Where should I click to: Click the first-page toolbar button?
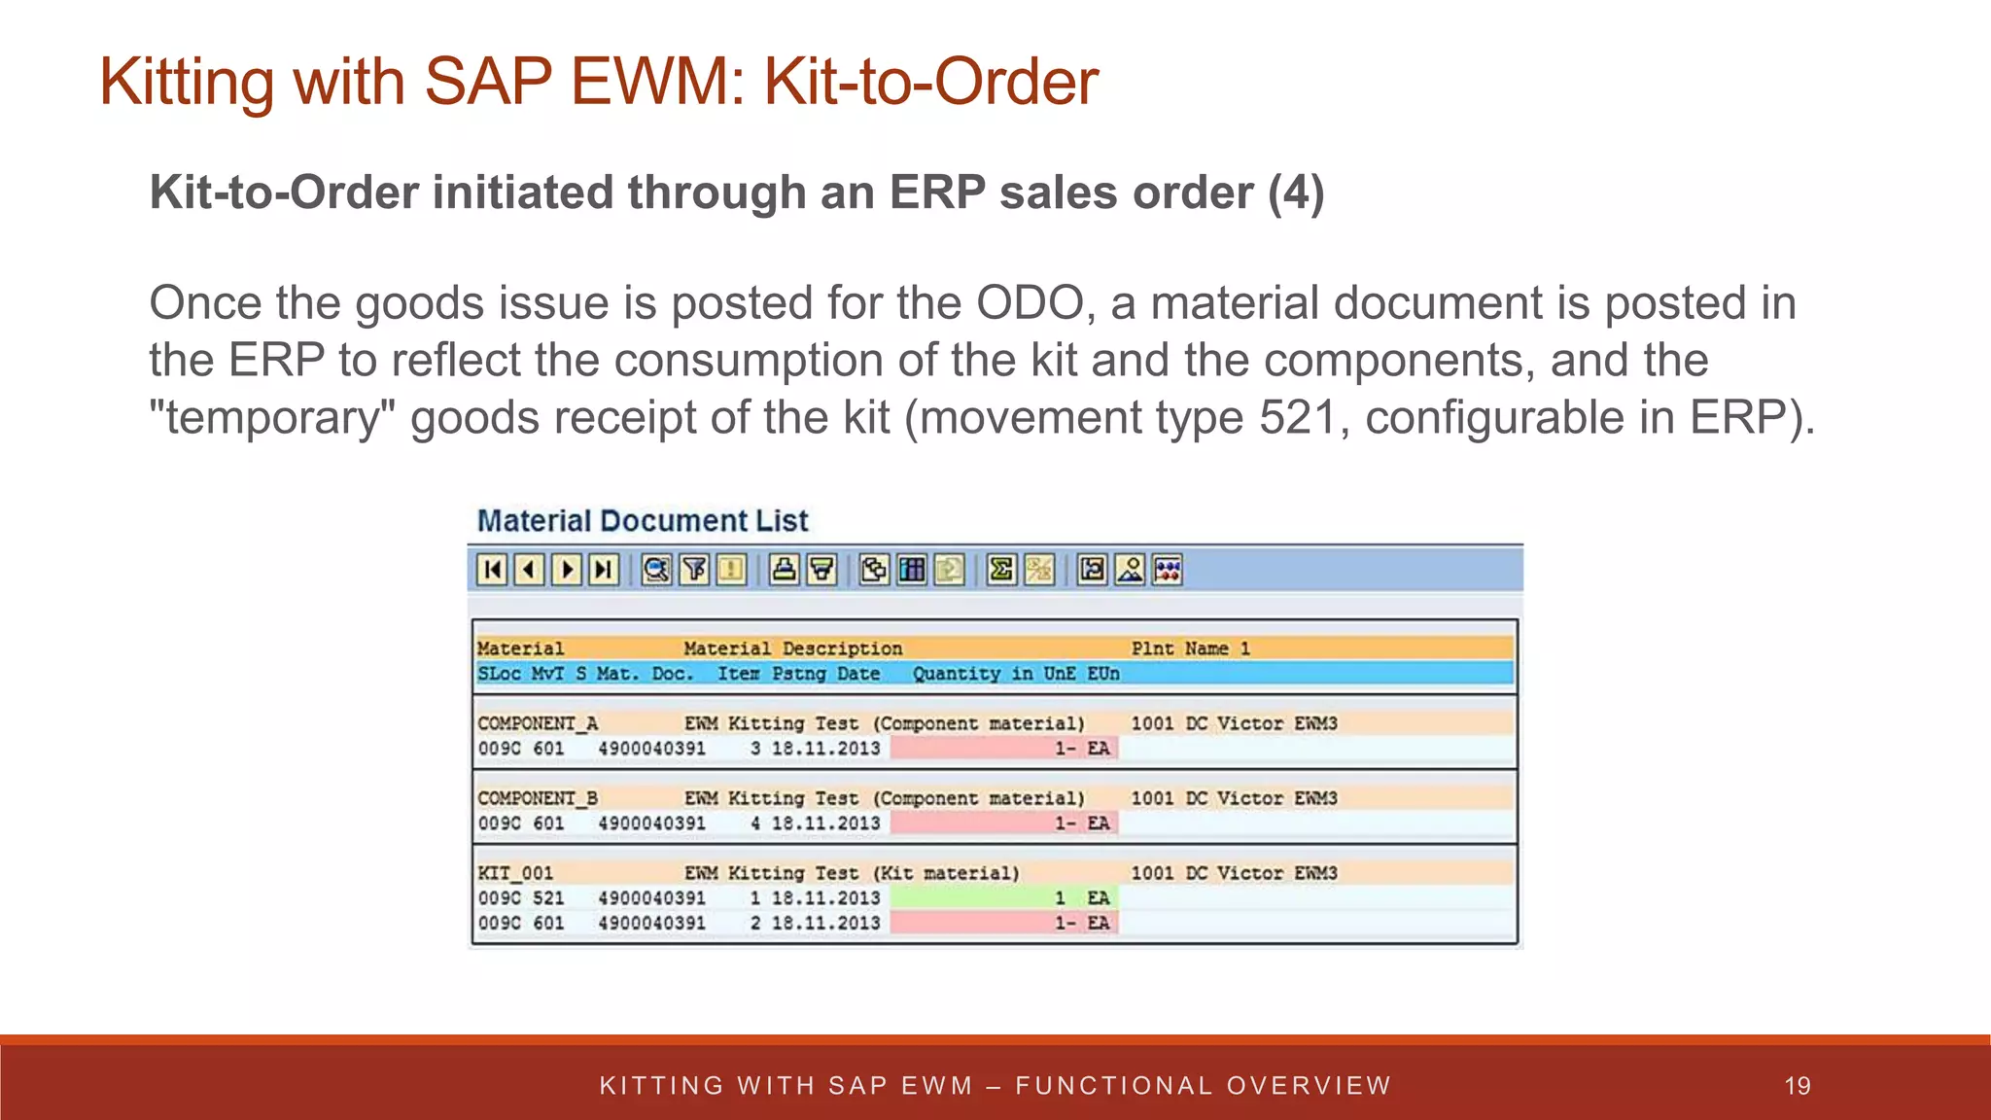pos(493,570)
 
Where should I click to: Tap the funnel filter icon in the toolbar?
pos(694,570)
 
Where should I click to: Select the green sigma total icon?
pos(1000,570)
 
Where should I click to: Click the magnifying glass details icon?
pos(656,570)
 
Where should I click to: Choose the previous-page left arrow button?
pos(530,570)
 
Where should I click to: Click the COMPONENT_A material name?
pos(538,723)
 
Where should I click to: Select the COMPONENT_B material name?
pos(538,798)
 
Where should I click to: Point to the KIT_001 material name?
pos(515,873)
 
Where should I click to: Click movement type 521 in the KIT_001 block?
pos(548,898)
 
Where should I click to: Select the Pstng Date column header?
pos(825,674)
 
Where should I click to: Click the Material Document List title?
pos(643,521)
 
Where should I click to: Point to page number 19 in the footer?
pos(1798,1086)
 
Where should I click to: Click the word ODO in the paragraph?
pos(1030,303)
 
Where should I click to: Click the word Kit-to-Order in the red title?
pos(930,82)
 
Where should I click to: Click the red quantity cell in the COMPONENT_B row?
pos(1003,823)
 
